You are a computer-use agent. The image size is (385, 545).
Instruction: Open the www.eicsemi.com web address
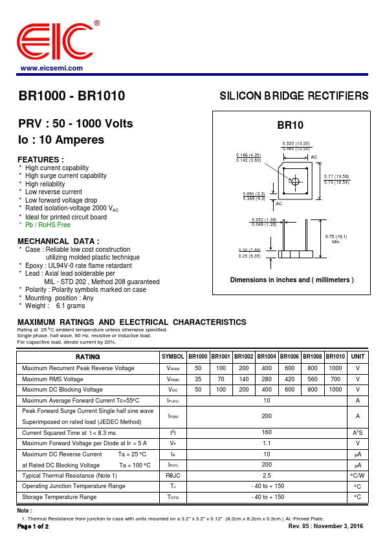[51, 69]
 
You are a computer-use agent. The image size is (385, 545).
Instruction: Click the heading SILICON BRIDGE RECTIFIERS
[294, 96]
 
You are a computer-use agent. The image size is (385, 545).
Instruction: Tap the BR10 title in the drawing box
[290, 125]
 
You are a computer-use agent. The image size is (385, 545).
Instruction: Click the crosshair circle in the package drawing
[295, 181]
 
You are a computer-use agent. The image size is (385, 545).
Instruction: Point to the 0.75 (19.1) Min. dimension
[336, 239]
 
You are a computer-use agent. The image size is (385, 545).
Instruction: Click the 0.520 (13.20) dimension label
[296, 143]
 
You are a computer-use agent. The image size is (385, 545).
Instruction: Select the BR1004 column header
[267, 357]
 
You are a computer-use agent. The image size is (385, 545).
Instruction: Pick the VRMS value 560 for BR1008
[313, 379]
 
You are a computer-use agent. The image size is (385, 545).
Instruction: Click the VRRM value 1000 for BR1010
[335, 368]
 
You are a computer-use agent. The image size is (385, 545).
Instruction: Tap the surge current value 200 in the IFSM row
[267, 416]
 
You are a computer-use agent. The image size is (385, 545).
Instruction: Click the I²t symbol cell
[173, 433]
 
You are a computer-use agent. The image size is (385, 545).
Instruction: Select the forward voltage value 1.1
[267, 443]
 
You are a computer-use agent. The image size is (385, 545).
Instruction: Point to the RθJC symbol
[173, 476]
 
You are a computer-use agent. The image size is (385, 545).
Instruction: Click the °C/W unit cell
[358, 476]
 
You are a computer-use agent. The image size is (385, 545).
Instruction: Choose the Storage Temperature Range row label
[59, 497]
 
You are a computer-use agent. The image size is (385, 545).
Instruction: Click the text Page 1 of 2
[33, 526]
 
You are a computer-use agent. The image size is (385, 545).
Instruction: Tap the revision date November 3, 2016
[338, 526]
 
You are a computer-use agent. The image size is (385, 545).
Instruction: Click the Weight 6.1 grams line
[55, 306]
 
